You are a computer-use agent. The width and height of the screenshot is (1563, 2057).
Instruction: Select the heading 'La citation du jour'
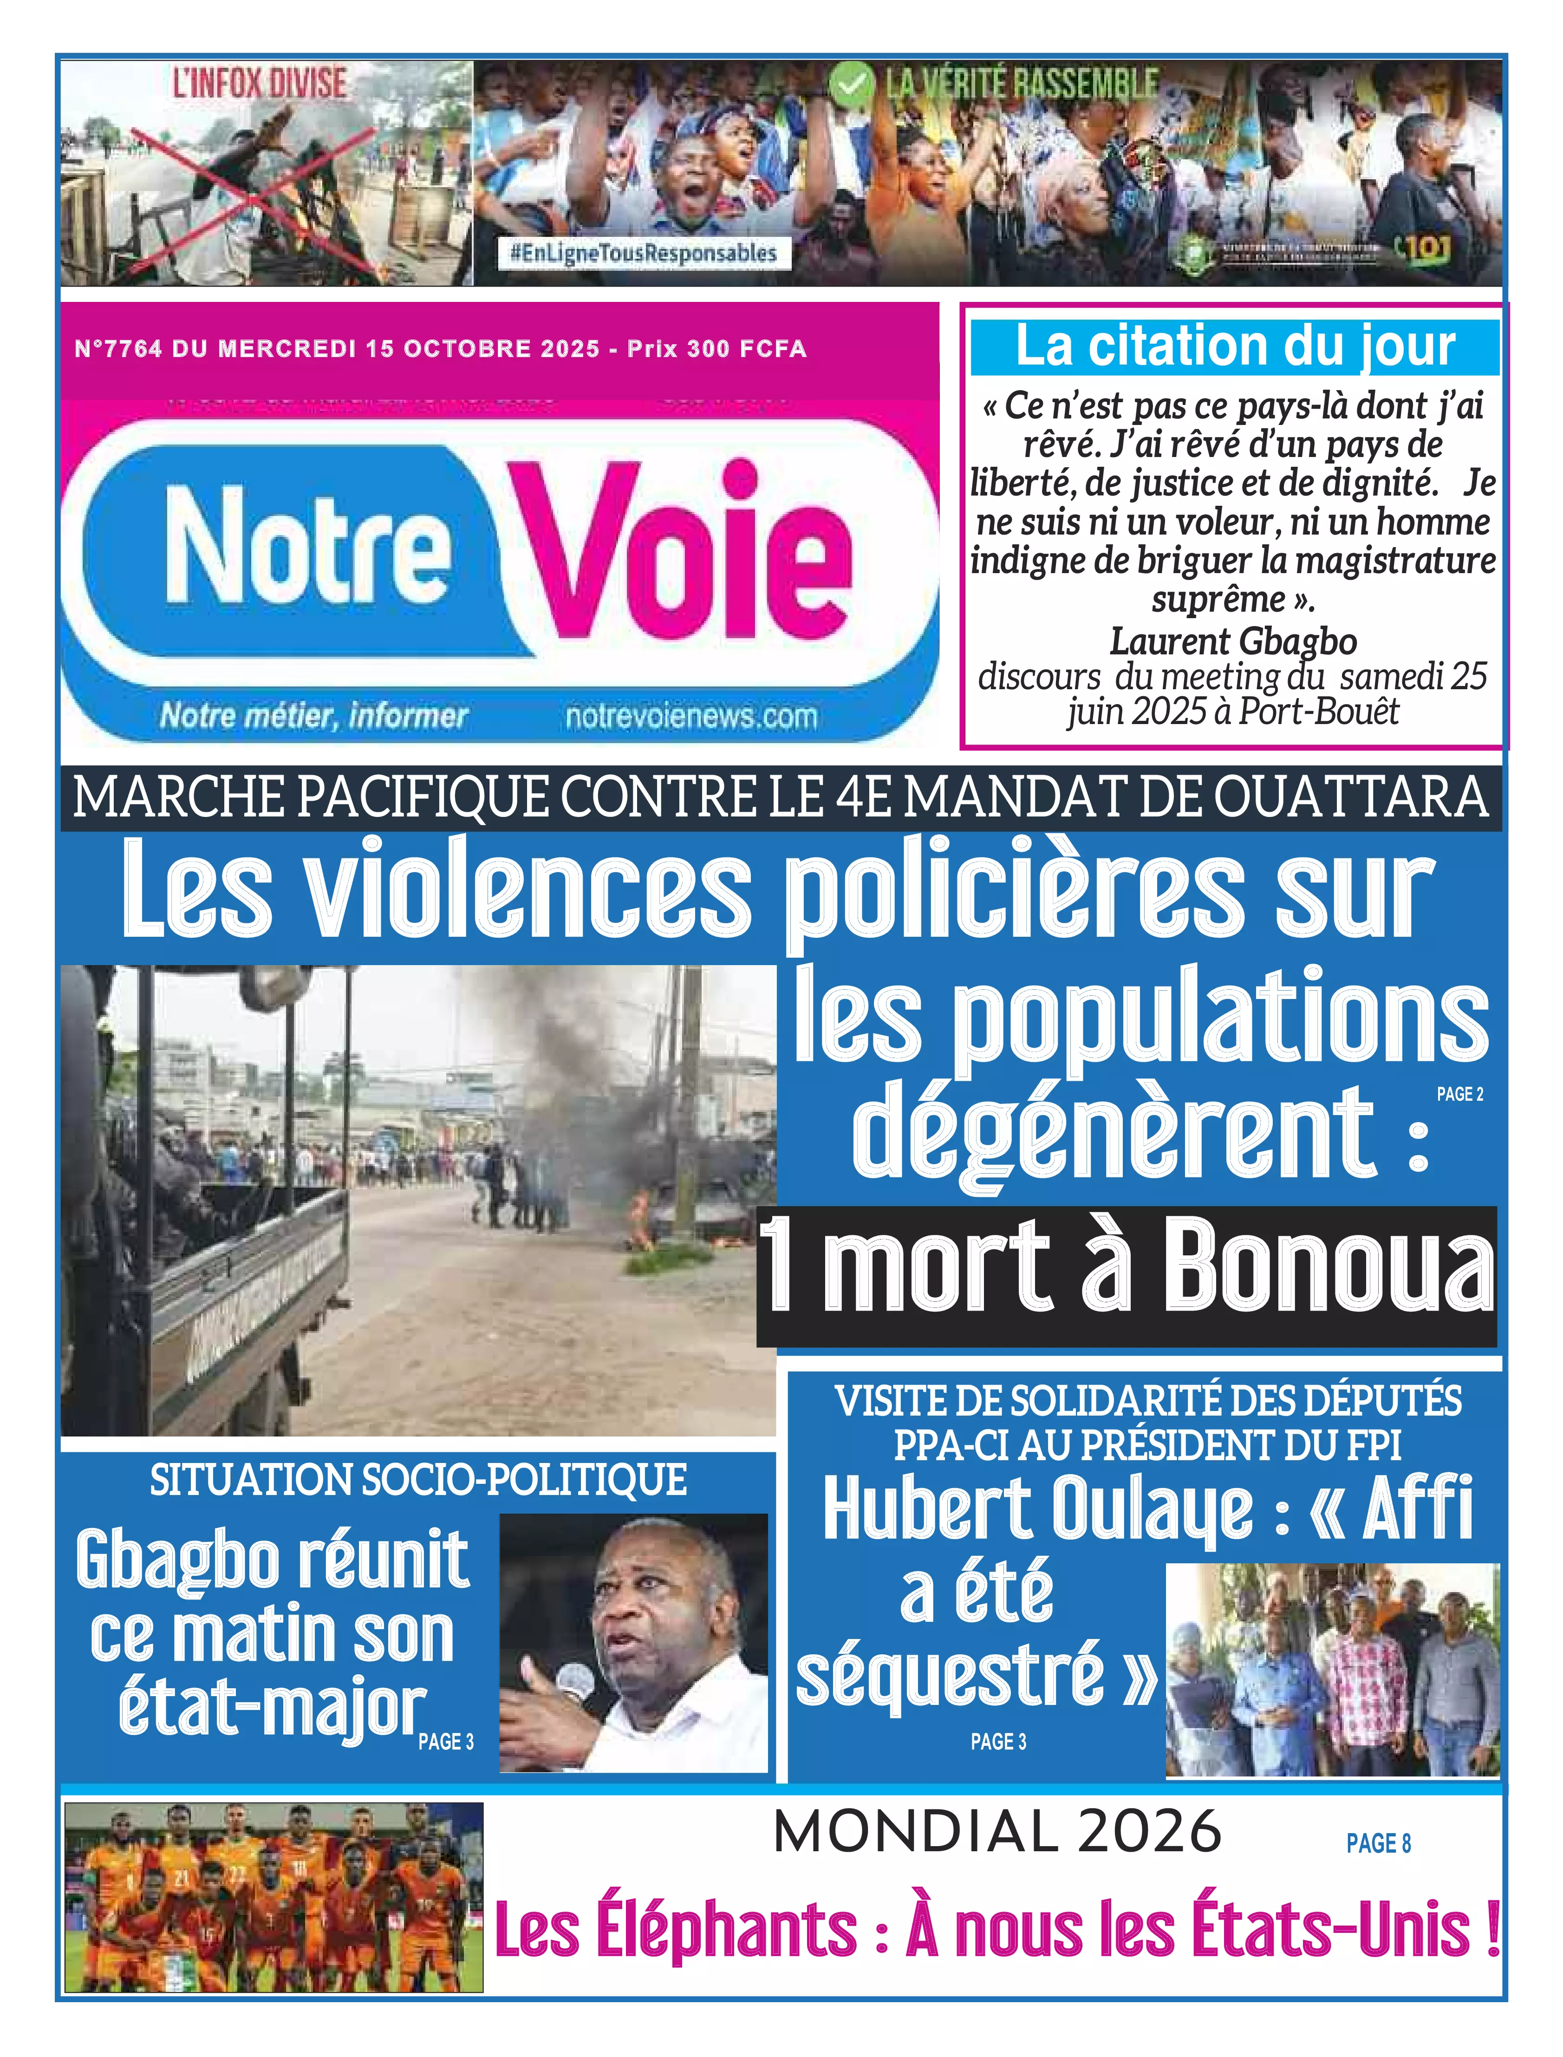(1235, 346)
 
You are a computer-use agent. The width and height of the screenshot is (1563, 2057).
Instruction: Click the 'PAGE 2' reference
(1460, 1094)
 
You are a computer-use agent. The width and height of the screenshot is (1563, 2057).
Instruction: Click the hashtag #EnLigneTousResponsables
(643, 253)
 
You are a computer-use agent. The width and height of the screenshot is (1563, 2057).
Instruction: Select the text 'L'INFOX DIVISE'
(260, 84)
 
